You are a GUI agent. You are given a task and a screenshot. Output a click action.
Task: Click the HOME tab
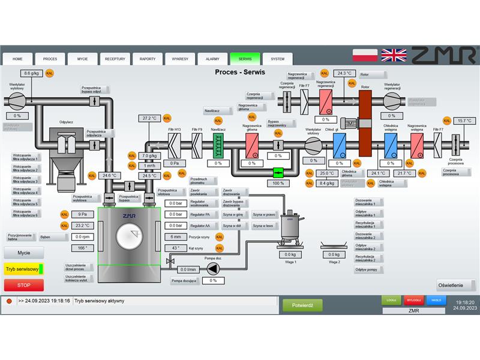18,59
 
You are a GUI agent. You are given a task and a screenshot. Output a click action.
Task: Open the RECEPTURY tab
115,59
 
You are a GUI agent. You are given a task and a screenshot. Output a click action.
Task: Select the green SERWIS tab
245,59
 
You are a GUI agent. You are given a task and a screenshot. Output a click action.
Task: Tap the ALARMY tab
212,59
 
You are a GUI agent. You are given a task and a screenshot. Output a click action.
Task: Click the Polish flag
365,55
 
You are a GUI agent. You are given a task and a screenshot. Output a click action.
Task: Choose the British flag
394,55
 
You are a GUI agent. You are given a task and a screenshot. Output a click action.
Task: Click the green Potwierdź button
302,305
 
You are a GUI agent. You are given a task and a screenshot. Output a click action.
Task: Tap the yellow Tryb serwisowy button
23,269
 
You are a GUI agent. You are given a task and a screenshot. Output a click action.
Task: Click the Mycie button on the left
23,253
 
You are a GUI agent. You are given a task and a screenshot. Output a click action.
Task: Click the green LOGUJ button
391,299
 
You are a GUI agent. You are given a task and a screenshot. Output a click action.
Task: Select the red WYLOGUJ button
413,299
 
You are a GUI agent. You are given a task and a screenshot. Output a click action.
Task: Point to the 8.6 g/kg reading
31,73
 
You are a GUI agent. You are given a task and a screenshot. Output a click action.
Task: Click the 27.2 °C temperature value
149,118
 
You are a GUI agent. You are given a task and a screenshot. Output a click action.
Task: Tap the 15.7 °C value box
465,121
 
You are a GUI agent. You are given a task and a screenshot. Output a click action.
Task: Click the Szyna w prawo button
263,214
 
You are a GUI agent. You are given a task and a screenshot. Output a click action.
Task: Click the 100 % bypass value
278,183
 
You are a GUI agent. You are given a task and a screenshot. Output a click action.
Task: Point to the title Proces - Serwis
240,72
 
